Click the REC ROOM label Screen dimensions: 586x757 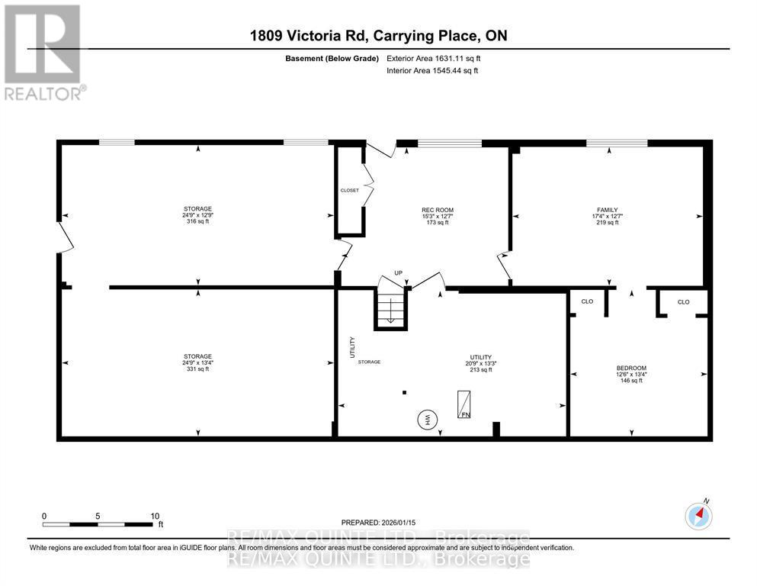tap(438, 210)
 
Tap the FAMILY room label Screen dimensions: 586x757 tap(607, 210)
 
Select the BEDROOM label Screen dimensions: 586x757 tap(631, 368)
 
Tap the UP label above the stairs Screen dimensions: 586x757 tap(397, 273)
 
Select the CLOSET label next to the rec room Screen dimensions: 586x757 tap(349, 190)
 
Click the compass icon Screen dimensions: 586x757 tap(698, 517)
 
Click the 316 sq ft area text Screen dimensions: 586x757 tap(197, 222)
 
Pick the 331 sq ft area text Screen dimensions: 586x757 tap(197, 369)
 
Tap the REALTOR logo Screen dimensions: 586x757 tap(43, 52)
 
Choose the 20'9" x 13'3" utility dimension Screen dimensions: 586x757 tap(480, 363)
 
